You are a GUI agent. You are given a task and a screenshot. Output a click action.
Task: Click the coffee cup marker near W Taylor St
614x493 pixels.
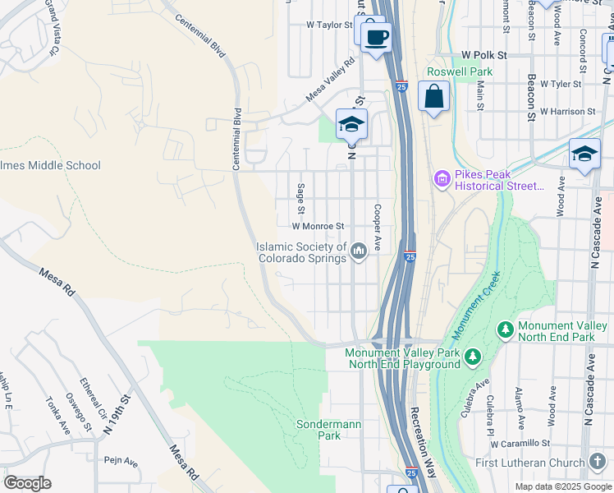376,38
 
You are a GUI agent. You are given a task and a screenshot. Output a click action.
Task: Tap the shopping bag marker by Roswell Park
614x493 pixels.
434,98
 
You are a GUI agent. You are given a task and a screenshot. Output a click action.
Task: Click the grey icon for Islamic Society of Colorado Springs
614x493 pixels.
358,251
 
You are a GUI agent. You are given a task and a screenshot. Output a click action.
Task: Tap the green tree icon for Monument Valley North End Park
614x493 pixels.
506,330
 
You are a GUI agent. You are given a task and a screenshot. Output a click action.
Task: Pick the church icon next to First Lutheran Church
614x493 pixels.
598,463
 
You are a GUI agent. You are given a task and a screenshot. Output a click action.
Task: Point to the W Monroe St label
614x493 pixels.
318,225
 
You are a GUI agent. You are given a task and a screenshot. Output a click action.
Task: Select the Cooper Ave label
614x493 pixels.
378,228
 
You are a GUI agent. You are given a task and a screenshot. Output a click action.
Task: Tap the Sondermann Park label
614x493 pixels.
318,430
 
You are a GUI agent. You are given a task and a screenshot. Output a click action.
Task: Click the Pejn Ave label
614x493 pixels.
121,461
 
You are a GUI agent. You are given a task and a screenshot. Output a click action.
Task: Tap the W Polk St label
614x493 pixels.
485,54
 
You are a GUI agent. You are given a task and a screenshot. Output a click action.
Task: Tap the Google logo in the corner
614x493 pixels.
27,483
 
